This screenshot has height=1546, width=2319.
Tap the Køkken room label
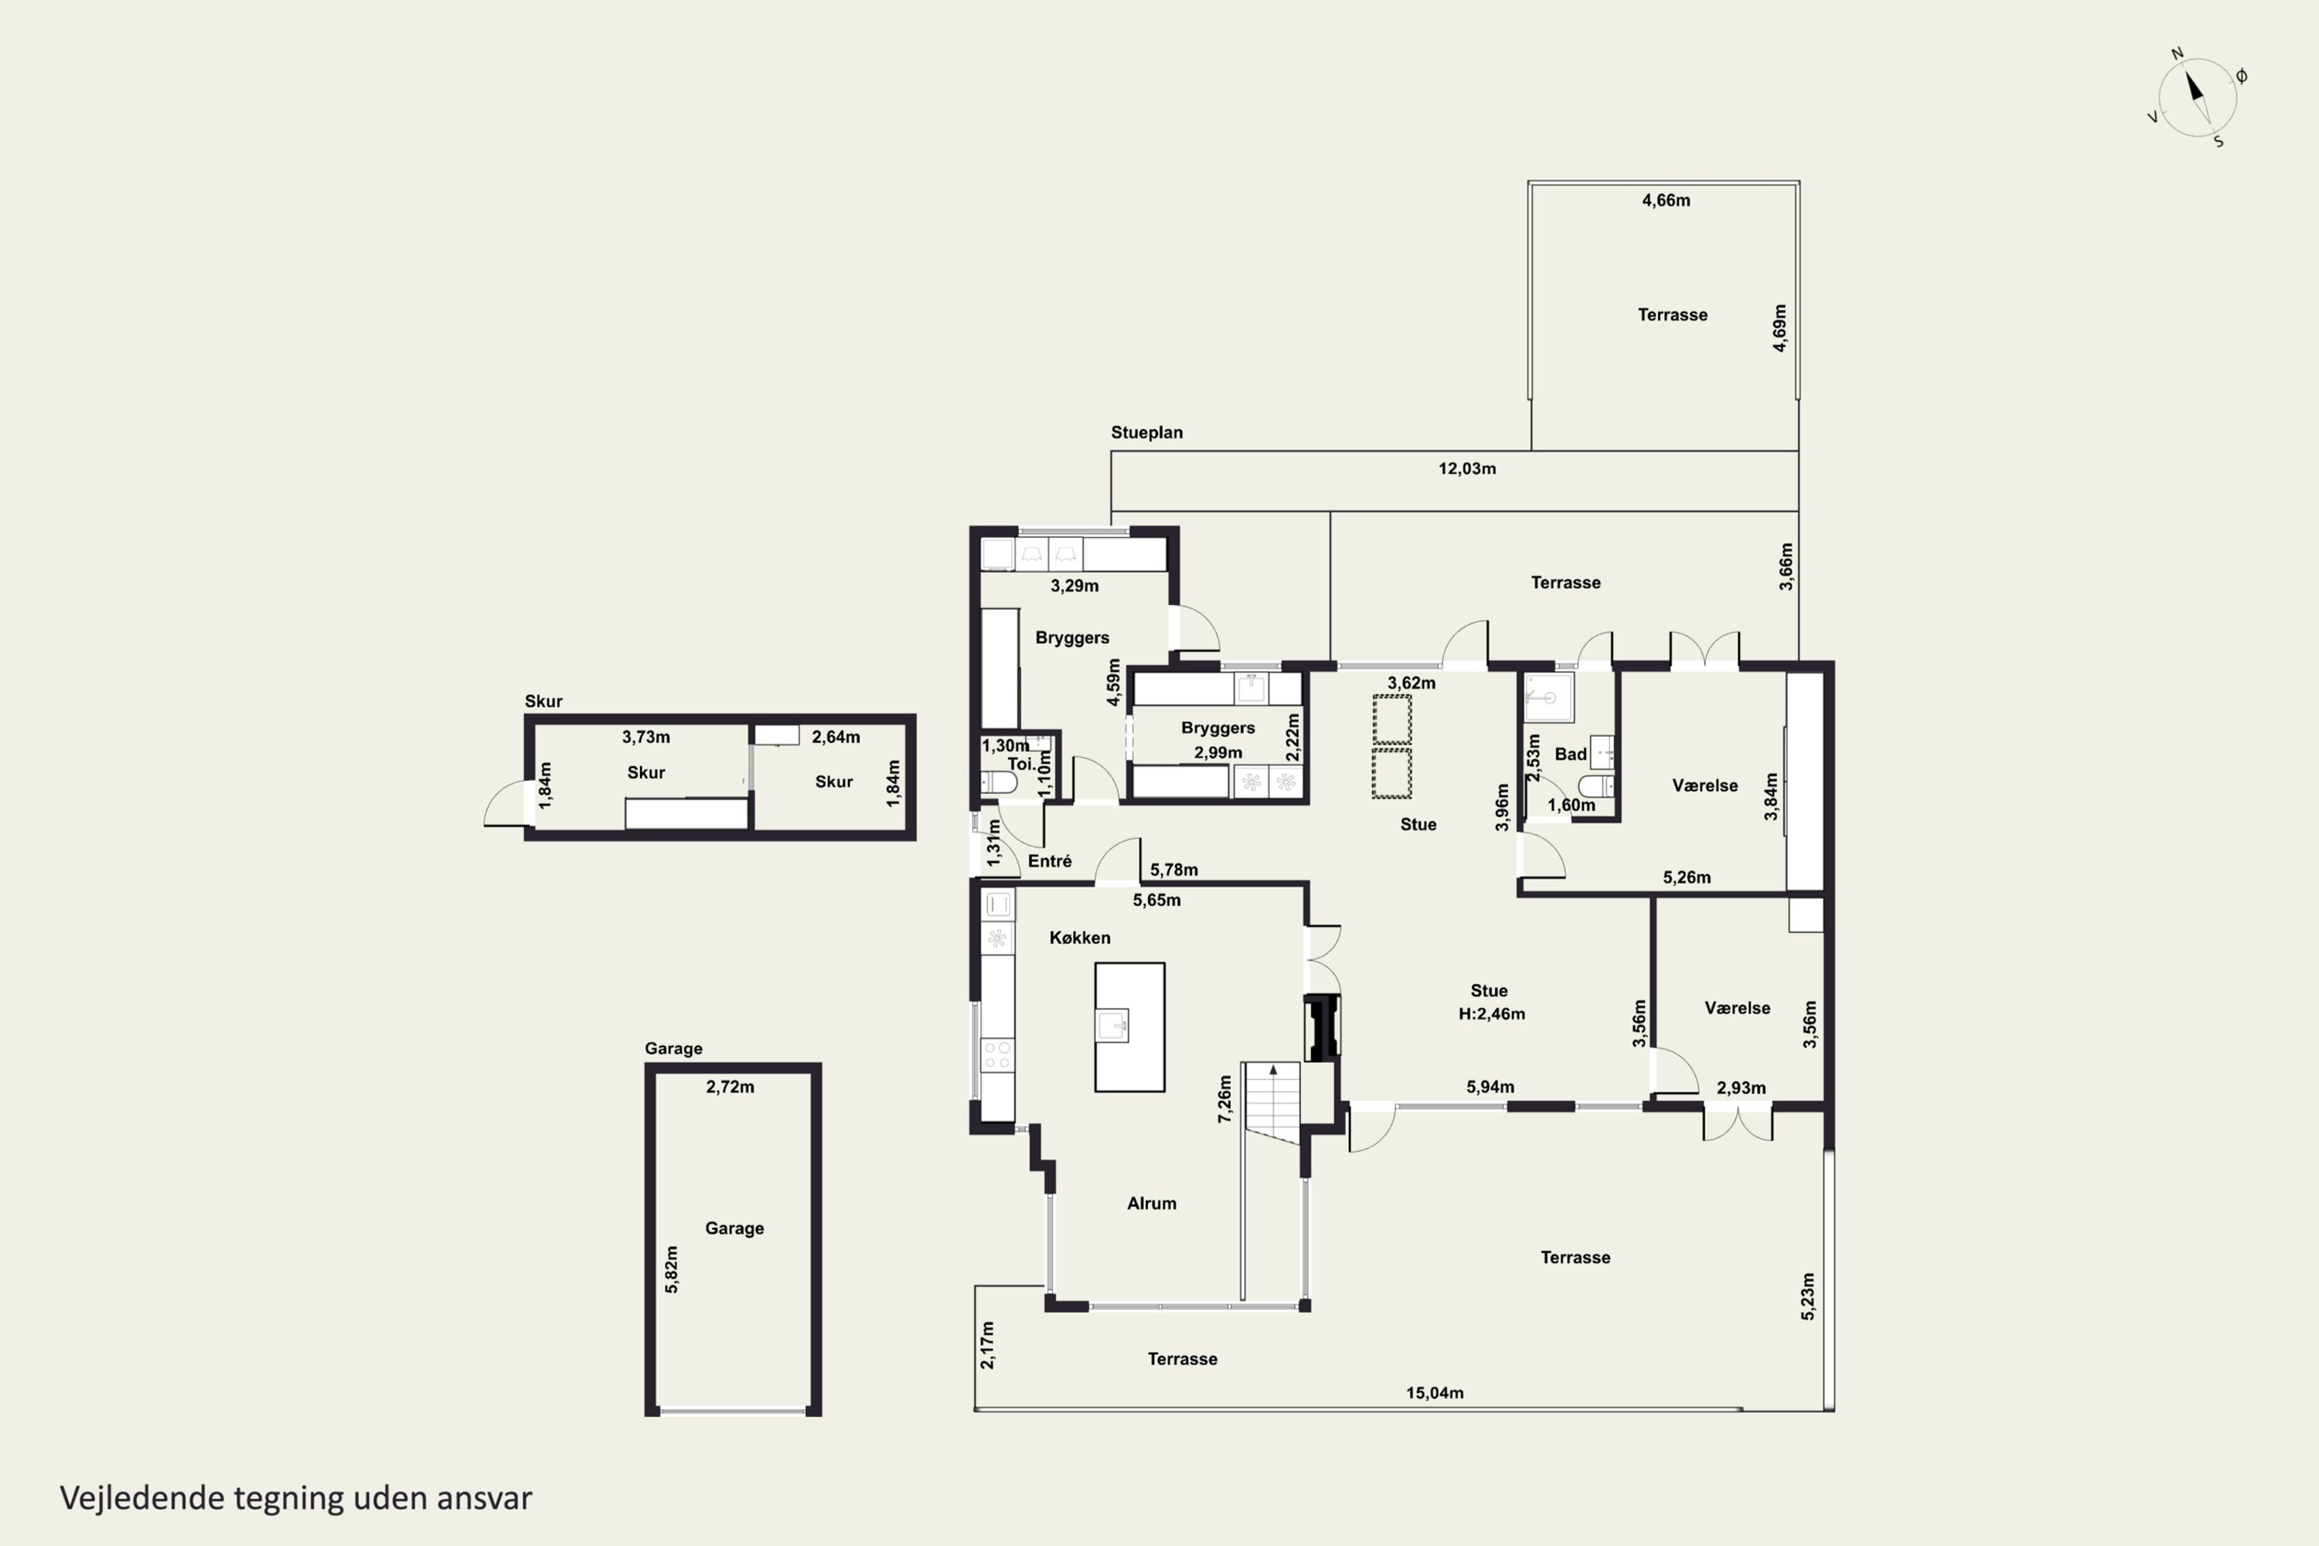[x=1080, y=938]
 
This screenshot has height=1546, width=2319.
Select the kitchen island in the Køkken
[x=1130, y=1027]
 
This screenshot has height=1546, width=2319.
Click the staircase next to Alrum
[x=1272, y=1102]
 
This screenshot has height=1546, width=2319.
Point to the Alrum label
[x=1152, y=1203]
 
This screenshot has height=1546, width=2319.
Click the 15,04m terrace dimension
[x=1435, y=1393]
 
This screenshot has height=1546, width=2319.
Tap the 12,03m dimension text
[x=1467, y=468]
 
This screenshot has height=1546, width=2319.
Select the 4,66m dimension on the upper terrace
[x=1667, y=200]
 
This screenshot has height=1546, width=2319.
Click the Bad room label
[x=1571, y=754]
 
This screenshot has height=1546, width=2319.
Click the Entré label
[x=1049, y=861]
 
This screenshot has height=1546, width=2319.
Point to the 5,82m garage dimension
[x=672, y=1269]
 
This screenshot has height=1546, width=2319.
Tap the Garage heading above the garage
[x=673, y=1048]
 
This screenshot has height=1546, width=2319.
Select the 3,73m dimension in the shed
[x=645, y=737]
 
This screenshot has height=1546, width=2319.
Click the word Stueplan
[x=1146, y=432]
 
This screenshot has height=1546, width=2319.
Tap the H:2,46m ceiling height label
[x=1492, y=1013]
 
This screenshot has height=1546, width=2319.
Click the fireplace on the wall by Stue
[x=1321, y=1028]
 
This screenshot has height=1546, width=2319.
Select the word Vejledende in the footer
[x=143, y=1498]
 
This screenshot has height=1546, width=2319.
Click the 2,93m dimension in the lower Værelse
[x=1742, y=1088]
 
